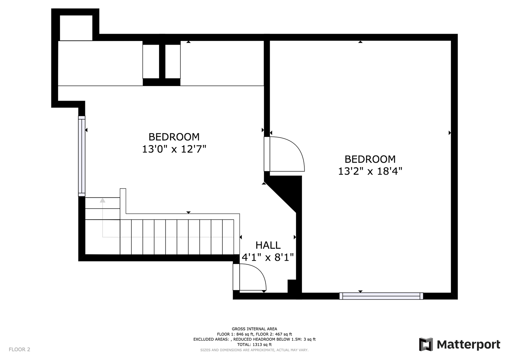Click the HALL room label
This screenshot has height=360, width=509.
coord(268,245)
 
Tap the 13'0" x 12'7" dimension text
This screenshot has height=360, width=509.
coord(174,149)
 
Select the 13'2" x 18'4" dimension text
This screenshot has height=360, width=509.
coord(370,171)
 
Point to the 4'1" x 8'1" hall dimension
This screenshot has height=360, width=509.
coord(268,257)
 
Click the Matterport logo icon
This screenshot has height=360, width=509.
coord(426,344)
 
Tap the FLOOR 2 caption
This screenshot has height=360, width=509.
coord(20,349)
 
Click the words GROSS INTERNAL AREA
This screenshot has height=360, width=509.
coord(254,329)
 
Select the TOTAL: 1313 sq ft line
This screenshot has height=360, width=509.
coord(254,345)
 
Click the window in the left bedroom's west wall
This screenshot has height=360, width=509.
coord(82,156)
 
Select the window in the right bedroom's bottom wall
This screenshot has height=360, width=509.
coord(381,296)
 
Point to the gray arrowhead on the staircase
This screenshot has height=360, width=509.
coord(103,200)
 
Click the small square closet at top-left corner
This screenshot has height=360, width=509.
coord(76,28)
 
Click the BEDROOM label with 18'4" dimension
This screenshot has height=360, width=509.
coord(370,159)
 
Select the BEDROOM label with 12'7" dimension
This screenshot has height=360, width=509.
coord(174,137)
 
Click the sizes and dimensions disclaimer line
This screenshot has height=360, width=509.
coord(254,350)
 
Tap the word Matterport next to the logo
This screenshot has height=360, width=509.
coord(469,345)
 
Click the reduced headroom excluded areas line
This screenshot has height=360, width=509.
coord(254,339)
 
